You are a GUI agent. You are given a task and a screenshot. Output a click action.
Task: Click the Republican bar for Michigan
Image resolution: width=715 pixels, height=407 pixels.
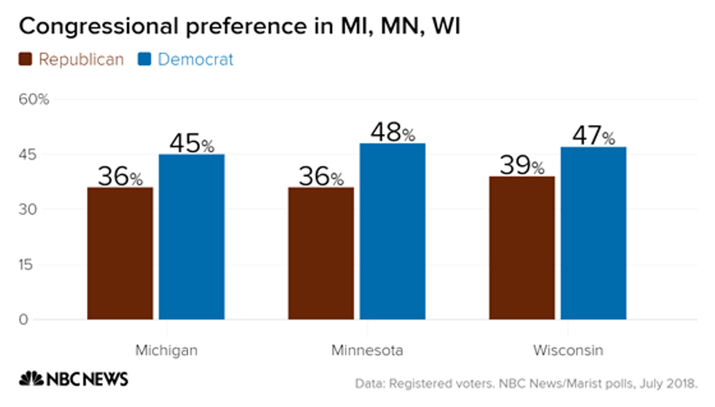pyautogui.click(x=120, y=253)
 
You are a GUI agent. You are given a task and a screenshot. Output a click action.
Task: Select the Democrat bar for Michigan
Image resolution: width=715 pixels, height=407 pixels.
pyautogui.click(x=191, y=236)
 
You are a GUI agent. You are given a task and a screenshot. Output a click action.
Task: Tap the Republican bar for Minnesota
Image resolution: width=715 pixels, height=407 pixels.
pyautogui.click(x=321, y=253)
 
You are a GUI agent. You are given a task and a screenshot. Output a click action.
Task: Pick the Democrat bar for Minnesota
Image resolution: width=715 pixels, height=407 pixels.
pyautogui.click(x=393, y=231)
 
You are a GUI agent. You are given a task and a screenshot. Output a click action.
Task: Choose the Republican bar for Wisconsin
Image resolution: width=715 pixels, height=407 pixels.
pyautogui.click(x=522, y=247)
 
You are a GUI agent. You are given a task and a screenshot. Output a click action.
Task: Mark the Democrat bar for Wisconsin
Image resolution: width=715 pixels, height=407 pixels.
pyautogui.click(x=593, y=233)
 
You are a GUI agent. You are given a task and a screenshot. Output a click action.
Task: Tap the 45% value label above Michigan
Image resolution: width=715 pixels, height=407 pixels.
pyautogui.click(x=191, y=143)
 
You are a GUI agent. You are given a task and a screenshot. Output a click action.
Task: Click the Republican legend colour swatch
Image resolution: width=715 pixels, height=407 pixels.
pyautogui.click(x=26, y=60)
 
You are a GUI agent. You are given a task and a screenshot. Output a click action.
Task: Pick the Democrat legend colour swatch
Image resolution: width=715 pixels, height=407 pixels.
pyautogui.click(x=144, y=60)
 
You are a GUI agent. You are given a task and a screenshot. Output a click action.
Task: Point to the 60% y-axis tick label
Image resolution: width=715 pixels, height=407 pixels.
pyautogui.click(x=34, y=99)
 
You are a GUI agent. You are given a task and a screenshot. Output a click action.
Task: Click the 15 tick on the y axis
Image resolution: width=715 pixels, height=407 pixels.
pyautogui.click(x=26, y=264)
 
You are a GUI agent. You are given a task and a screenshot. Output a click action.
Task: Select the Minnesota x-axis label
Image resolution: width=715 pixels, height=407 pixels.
pyautogui.click(x=367, y=351)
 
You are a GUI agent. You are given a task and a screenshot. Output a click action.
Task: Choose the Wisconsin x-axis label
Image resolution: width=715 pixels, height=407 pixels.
pyautogui.click(x=567, y=351)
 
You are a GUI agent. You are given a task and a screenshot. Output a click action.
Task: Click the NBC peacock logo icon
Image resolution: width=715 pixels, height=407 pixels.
pyautogui.click(x=31, y=379)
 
